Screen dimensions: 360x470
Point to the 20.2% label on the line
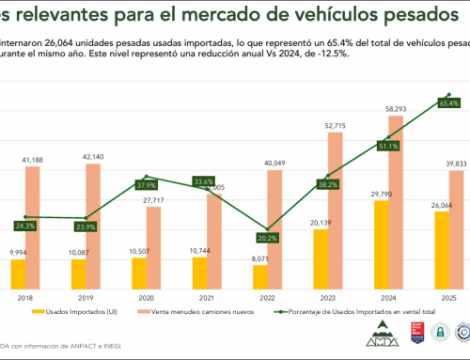[266, 238]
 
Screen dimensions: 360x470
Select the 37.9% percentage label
[146, 184]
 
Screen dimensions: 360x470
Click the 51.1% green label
[388, 146]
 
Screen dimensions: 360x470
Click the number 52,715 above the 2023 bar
[336, 126]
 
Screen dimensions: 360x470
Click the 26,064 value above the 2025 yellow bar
[441, 205]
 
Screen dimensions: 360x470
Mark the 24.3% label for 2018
[25, 225]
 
